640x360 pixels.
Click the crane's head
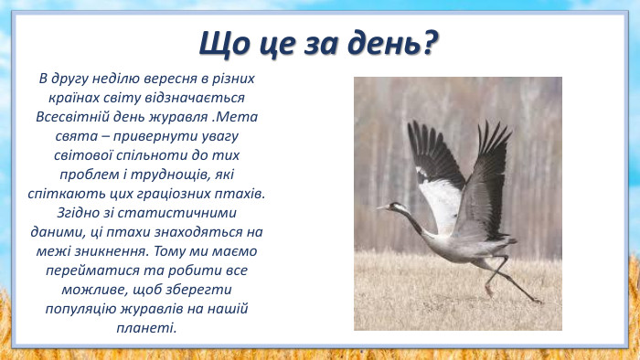pyautogui.click(x=395, y=208)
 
